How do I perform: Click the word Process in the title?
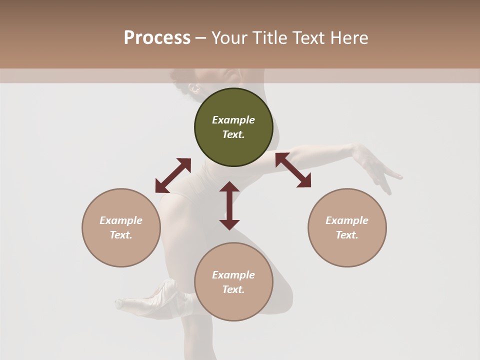pyautogui.click(x=157, y=38)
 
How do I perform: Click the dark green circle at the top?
pyautogui.click(x=233, y=127)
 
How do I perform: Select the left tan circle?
pyautogui.click(x=121, y=227)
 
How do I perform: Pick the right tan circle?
pyautogui.click(x=347, y=227)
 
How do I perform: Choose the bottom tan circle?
pyautogui.click(x=233, y=281)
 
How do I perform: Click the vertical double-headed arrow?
pyautogui.click(x=229, y=205)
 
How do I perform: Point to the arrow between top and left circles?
pyautogui.click(x=173, y=175)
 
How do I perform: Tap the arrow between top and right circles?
pyautogui.click(x=293, y=170)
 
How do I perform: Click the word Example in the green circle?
pyautogui.click(x=233, y=120)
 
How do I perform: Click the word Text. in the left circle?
pyautogui.click(x=121, y=235)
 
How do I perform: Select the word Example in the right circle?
pyautogui.click(x=347, y=220)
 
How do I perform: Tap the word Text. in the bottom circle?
pyautogui.click(x=233, y=289)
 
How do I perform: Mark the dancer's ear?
pyautogui.click(x=194, y=89)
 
